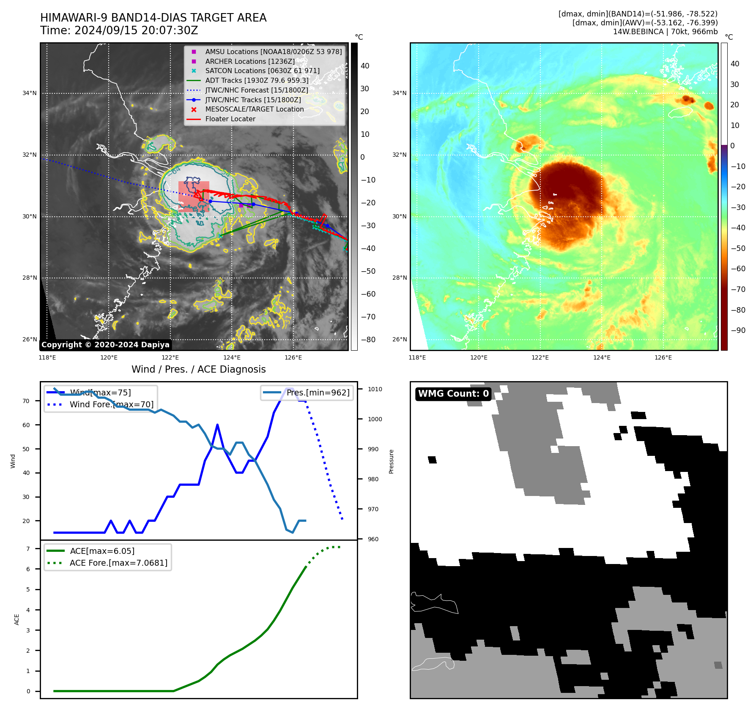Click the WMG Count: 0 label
point(453,394)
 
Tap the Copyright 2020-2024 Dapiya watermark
point(105,345)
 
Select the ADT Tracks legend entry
point(257,80)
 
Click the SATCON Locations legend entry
point(262,71)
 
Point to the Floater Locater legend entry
point(230,119)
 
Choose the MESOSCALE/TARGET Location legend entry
point(254,109)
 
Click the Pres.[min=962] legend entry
point(318,393)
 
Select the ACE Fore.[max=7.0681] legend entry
point(118,563)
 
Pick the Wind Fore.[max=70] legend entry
point(112,405)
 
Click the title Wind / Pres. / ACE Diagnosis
point(198,369)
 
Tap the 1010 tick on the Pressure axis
point(375,389)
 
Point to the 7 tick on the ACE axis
point(28,549)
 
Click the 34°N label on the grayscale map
point(30,93)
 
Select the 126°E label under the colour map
point(663,357)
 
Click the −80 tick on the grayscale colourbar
point(368,340)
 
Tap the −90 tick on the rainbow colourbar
point(738,330)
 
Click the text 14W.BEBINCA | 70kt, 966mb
point(665,32)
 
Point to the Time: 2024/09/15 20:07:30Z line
point(119,30)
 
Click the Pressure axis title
point(391,461)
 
